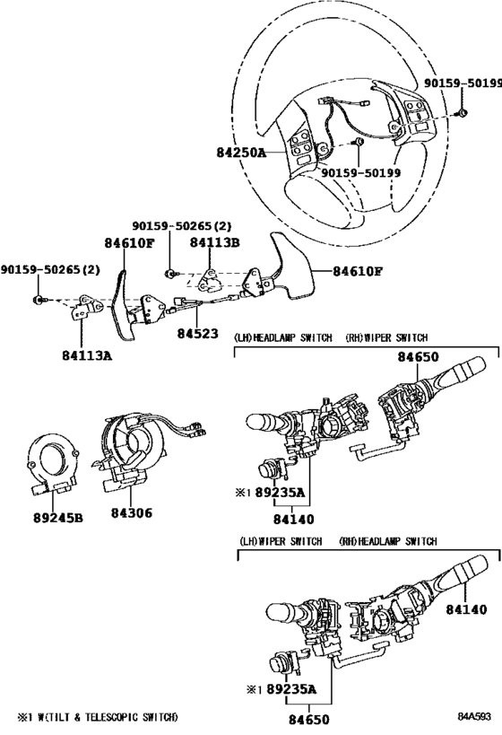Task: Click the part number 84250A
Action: [x=241, y=153]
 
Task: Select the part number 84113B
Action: [x=214, y=242]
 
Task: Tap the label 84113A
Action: [x=87, y=355]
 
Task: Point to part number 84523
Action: [x=197, y=333]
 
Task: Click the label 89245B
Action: [x=58, y=518]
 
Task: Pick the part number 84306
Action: [x=132, y=512]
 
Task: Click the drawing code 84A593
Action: [x=474, y=717]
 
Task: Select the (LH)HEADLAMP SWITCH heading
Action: [x=283, y=337]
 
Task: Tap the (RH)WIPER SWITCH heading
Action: [x=386, y=337]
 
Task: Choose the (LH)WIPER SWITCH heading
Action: [x=281, y=541]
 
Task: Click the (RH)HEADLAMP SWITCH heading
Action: [x=388, y=541]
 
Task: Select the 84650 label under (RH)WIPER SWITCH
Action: [x=419, y=356]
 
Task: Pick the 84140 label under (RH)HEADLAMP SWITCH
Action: [x=466, y=609]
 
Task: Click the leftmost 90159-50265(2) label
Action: [x=49, y=270]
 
